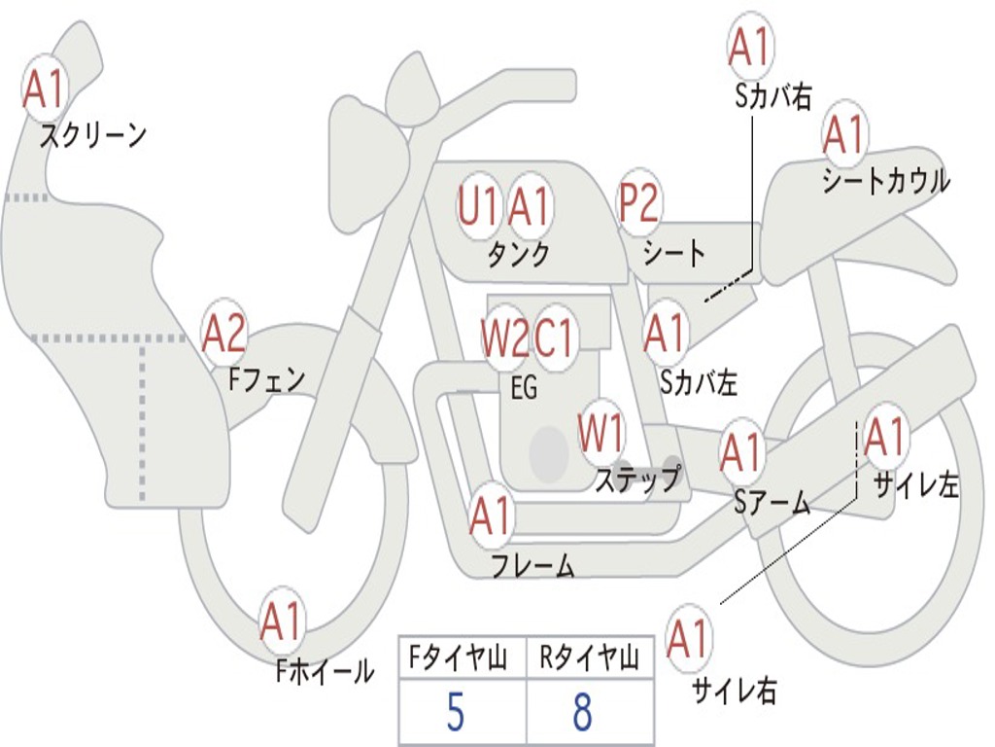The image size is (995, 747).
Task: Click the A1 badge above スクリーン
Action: [x=44, y=89]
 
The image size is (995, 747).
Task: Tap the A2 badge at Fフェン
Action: [x=223, y=334]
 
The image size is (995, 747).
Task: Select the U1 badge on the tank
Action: [x=478, y=206]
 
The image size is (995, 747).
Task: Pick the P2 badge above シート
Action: [x=639, y=203]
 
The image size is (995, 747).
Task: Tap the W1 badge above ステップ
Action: [x=602, y=433]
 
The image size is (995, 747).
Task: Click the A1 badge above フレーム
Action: [x=491, y=516]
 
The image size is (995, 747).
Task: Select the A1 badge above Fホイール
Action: [x=282, y=622]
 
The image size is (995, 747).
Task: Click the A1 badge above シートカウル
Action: [x=843, y=134]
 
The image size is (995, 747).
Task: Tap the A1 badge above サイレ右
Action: [x=688, y=639]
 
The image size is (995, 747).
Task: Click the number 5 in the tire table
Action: [x=455, y=713]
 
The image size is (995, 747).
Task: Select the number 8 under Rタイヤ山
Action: [x=582, y=713]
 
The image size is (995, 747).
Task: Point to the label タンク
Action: [x=519, y=255]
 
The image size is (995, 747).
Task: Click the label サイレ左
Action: [x=915, y=485]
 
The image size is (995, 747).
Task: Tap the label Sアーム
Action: [x=772, y=502]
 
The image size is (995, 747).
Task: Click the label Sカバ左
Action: [x=699, y=382]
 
